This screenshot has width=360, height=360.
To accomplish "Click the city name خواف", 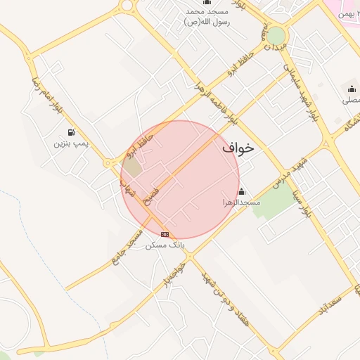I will pos(238,149).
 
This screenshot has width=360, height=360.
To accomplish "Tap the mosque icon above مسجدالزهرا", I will pos(241,192).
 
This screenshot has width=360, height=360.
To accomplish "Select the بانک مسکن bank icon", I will pos(165,234).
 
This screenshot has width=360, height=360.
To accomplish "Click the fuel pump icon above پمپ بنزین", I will pos(71,132).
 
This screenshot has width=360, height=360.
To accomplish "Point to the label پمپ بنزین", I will pos(71,143).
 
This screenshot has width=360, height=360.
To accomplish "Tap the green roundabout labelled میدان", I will pos(276,35).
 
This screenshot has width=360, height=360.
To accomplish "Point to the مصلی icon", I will pos(352,89).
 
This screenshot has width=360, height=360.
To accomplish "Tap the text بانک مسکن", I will pos(165,245).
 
